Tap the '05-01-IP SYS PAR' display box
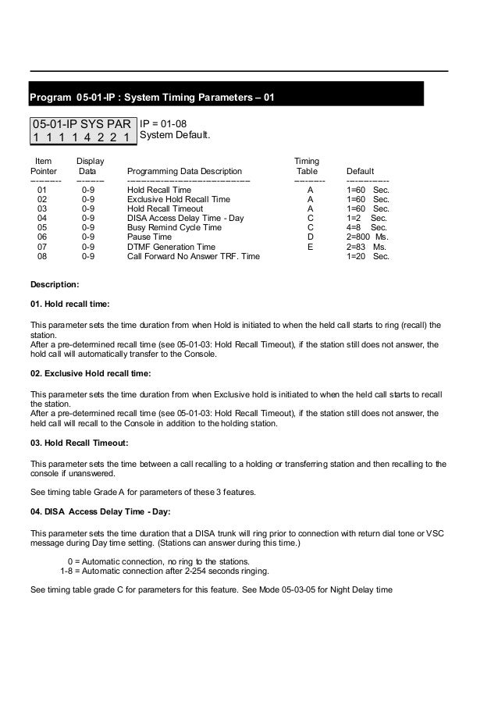[81, 130]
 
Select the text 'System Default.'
[174, 137]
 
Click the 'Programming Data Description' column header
[184, 171]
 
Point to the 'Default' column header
[360, 171]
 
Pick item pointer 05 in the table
[42, 227]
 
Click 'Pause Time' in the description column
[149, 237]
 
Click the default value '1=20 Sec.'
[366, 255]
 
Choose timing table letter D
[310, 237]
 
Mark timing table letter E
[310, 246]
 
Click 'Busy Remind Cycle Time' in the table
[173, 227]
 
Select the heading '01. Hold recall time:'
[69, 303]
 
